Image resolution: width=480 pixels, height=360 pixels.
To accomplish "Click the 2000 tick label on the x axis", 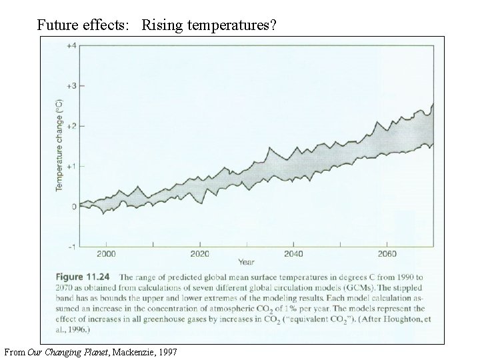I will pyautogui.click(x=107, y=254).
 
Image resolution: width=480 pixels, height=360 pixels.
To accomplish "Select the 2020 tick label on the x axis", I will pyautogui.click(x=199, y=254).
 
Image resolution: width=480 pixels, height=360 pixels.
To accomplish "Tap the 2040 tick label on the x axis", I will pyautogui.click(x=293, y=254).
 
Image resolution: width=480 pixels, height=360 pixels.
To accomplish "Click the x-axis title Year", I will pyautogui.click(x=247, y=262).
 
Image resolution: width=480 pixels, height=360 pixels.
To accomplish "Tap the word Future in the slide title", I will pyautogui.click(x=56, y=26).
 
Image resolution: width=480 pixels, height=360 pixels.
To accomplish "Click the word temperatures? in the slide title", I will pyautogui.click(x=237, y=26).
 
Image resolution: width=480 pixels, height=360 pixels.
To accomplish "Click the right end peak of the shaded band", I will pyautogui.click(x=433, y=104).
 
